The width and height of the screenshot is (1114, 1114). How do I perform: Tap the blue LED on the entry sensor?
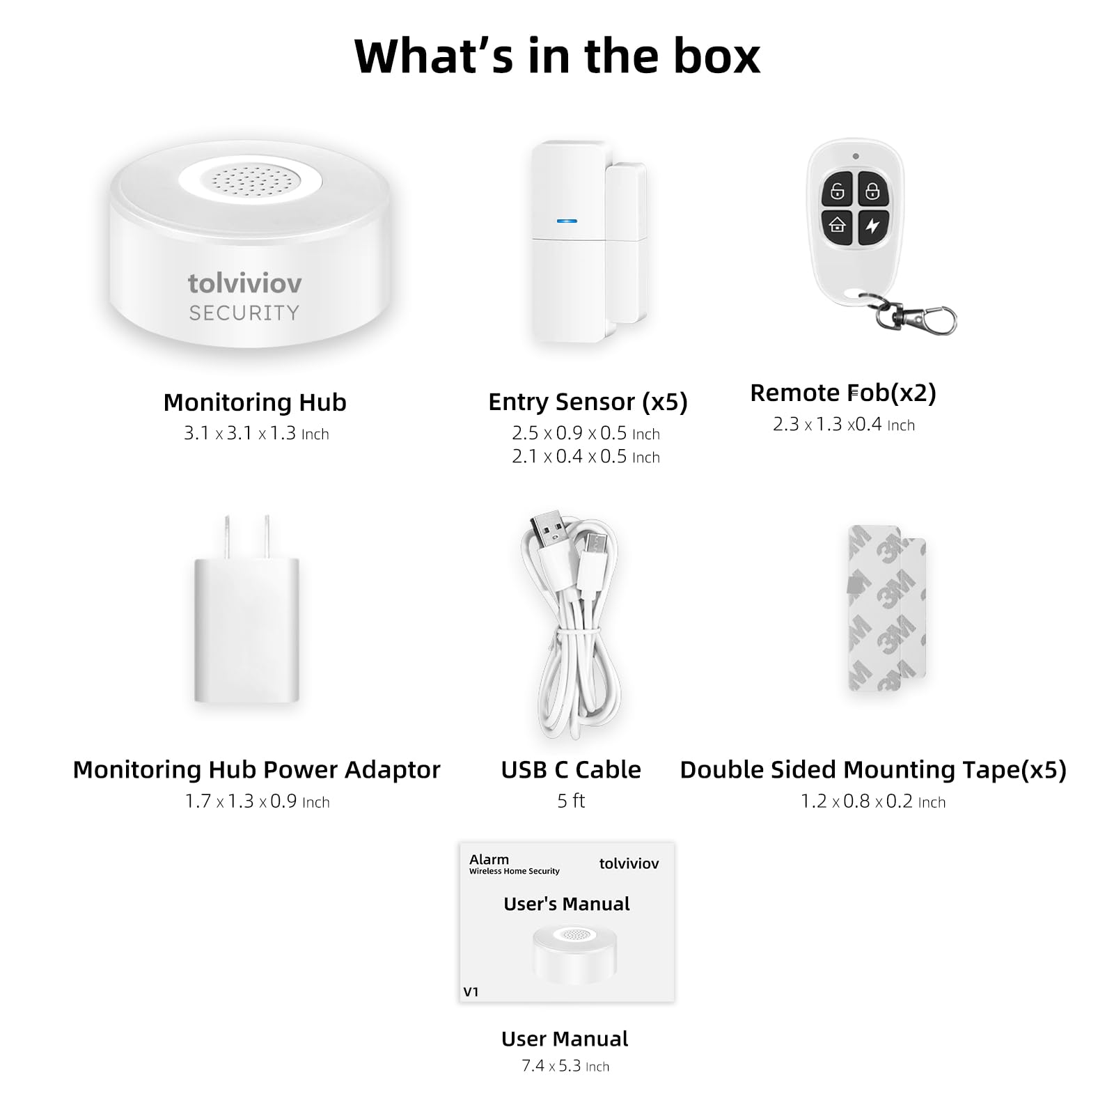567,221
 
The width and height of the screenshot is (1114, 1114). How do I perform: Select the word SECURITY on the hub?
244,313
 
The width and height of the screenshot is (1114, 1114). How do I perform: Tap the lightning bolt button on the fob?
872,226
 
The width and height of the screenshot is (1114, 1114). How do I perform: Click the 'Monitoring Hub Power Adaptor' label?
256,770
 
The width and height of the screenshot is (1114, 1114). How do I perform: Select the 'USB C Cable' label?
571,770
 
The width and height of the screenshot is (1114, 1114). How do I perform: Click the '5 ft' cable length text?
571,801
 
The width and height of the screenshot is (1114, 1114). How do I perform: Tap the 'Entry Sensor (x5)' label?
588,402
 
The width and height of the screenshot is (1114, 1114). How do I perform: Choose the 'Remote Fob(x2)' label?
843,393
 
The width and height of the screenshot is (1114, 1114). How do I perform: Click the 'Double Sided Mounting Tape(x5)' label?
873,770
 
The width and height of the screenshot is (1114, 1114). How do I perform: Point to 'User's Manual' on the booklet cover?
567,904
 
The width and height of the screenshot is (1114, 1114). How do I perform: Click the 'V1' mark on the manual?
471,992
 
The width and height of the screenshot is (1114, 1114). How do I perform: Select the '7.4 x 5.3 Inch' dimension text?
565,1066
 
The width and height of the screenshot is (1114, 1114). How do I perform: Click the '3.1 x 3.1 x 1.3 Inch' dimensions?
256,433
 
